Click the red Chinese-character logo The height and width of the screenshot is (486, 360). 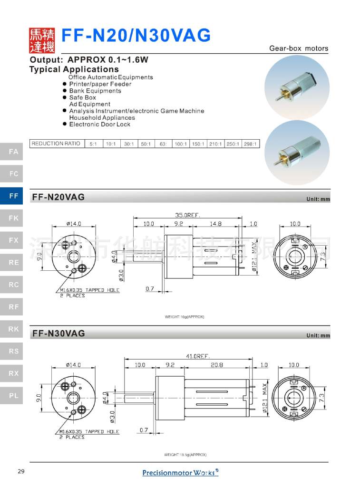pyautogui.click(x=42, y=40)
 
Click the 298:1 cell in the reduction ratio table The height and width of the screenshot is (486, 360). pyautogui.click(x=250, y=143)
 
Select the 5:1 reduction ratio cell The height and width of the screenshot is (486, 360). pyautogui.click(x=92, y=143)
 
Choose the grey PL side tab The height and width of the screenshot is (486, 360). pyautogui.click(x=13, y=395)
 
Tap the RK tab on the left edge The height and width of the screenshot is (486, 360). pyautogui.click(x=13, y=329)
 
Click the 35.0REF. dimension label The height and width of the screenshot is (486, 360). pyautogui.click(x=186, y=215)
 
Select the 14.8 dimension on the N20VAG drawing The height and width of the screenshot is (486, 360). pyautogui.click(x=216, y=223)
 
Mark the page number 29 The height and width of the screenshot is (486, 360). pyautogui.click(x=21, y=471)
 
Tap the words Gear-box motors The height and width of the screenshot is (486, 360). pyautogui.click(x=299, y=48)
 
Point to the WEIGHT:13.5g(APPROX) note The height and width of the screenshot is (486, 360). pyautogui.click(x=185, y=455)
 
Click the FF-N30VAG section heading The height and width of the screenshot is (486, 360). pyautogui.click(x=58, y=334)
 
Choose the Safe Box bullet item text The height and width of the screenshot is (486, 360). pyautogui.click(x=83, y=97)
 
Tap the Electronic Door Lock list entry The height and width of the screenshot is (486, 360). pyautogui.click(x=99, y=124)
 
